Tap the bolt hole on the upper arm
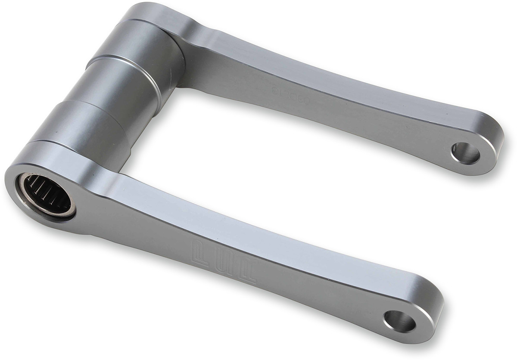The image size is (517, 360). pyautogui.click(x=465, y=153)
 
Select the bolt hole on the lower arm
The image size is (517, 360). pyautogui.click(x=400, y=321)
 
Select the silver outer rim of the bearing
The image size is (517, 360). pyautogui.click(x=69, y=211)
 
